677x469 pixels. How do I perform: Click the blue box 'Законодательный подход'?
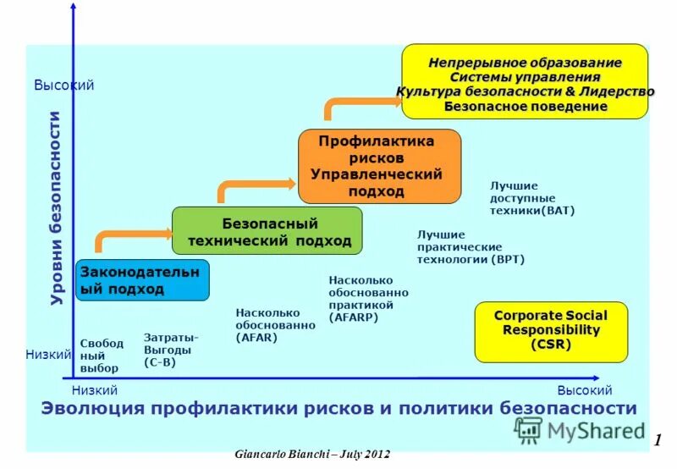tap(142, 280)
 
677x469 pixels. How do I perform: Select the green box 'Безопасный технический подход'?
tap(267, 231)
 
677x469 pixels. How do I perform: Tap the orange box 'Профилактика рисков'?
tap(379, 166)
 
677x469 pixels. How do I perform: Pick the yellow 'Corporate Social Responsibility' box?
tap(551, 331)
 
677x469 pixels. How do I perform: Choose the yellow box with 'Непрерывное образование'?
tap(525, 81)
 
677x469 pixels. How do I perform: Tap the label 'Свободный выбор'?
tap(102, 356)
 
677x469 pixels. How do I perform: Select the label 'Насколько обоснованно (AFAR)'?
tap(268, 324)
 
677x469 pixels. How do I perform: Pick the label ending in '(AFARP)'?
tap(368, 298)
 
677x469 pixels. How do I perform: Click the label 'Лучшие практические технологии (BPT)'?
tap(471, 246)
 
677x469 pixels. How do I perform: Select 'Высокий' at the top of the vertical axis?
tap(63, 86)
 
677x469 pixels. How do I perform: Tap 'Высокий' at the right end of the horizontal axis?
tap(584, 390)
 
